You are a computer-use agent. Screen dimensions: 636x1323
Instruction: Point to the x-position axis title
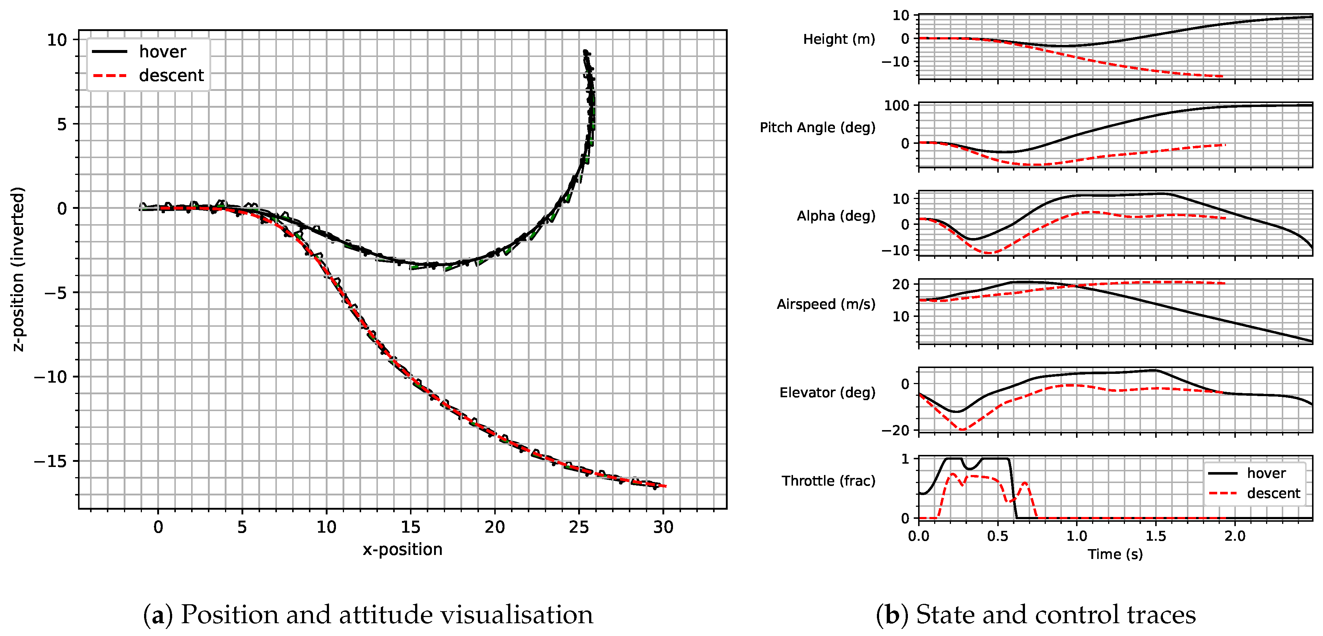(x=402, y=549)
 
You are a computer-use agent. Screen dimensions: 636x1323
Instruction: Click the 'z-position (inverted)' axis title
(x=18, y=269)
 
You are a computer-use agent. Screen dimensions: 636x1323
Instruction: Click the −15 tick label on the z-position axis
(x=50, y=461)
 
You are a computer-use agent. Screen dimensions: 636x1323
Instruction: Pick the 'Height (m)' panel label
(x=839, y=39)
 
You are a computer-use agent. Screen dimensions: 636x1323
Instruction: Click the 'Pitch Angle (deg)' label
(x=817, y=127)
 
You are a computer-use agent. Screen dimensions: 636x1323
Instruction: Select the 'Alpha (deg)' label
(x=836, y=216)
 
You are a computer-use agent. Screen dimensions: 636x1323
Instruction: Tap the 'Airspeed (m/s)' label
(x=825, y=304)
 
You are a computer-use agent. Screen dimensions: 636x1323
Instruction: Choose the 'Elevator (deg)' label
(x=827, y=393)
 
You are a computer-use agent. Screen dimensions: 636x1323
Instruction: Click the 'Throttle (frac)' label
(x=828, y=481)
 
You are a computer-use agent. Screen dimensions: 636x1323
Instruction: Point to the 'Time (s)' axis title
(x=1115, y=554)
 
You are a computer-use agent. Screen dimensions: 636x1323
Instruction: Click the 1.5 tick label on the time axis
(x=1156, y=536)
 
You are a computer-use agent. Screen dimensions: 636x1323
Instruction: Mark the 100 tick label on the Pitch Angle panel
(x=896, y=106)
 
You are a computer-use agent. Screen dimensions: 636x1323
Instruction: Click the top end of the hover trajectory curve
(x=585, y=51)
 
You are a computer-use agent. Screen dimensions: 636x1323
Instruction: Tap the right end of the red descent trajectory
(x=665, y=486)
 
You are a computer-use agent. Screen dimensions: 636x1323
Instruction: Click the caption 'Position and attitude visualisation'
(x=387, y=615)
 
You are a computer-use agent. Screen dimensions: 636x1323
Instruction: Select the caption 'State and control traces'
(x=1055, y=615)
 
